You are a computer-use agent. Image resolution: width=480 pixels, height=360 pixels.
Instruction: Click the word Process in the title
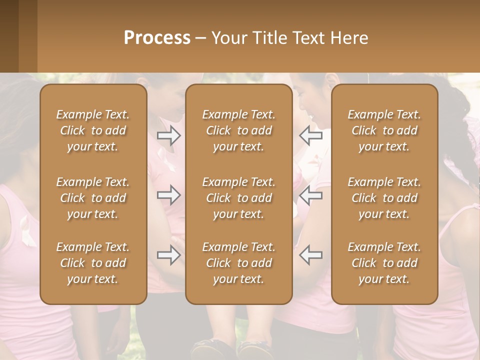pos(157,38)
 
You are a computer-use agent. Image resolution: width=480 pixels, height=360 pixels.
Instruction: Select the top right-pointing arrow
pos(168,135)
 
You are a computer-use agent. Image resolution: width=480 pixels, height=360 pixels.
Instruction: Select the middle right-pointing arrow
pos(168,194)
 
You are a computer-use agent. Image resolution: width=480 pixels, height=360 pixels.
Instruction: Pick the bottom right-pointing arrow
pos(168,255)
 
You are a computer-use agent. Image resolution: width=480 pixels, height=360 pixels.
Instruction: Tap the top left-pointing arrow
pos(310,135)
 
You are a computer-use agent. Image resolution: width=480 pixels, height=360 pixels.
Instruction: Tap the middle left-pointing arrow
pos(310,194)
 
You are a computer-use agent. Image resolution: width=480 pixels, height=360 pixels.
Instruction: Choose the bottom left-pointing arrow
pos(310,255)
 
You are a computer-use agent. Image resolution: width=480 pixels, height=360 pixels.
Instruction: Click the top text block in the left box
pos(93,130)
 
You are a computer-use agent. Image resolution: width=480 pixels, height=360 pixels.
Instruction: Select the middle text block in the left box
pos(93,198)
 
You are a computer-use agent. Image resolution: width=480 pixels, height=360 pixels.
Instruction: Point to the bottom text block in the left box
pos(93,263)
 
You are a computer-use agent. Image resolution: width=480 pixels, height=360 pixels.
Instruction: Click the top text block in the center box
pos(239,130)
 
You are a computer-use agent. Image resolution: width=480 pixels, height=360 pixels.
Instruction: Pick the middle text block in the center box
pos(239,198)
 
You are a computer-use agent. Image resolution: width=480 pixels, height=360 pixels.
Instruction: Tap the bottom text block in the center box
pos(239,263)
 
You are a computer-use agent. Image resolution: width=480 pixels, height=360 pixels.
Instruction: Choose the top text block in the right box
pos(384,130)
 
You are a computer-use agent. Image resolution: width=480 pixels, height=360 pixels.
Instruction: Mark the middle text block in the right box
pos(384,198)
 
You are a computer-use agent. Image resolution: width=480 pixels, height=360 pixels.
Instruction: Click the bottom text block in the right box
pos(384,263)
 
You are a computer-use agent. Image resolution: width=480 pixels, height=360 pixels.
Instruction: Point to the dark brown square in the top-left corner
pos(9,36)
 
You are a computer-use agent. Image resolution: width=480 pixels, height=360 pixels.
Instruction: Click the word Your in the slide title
pos(228,38)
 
